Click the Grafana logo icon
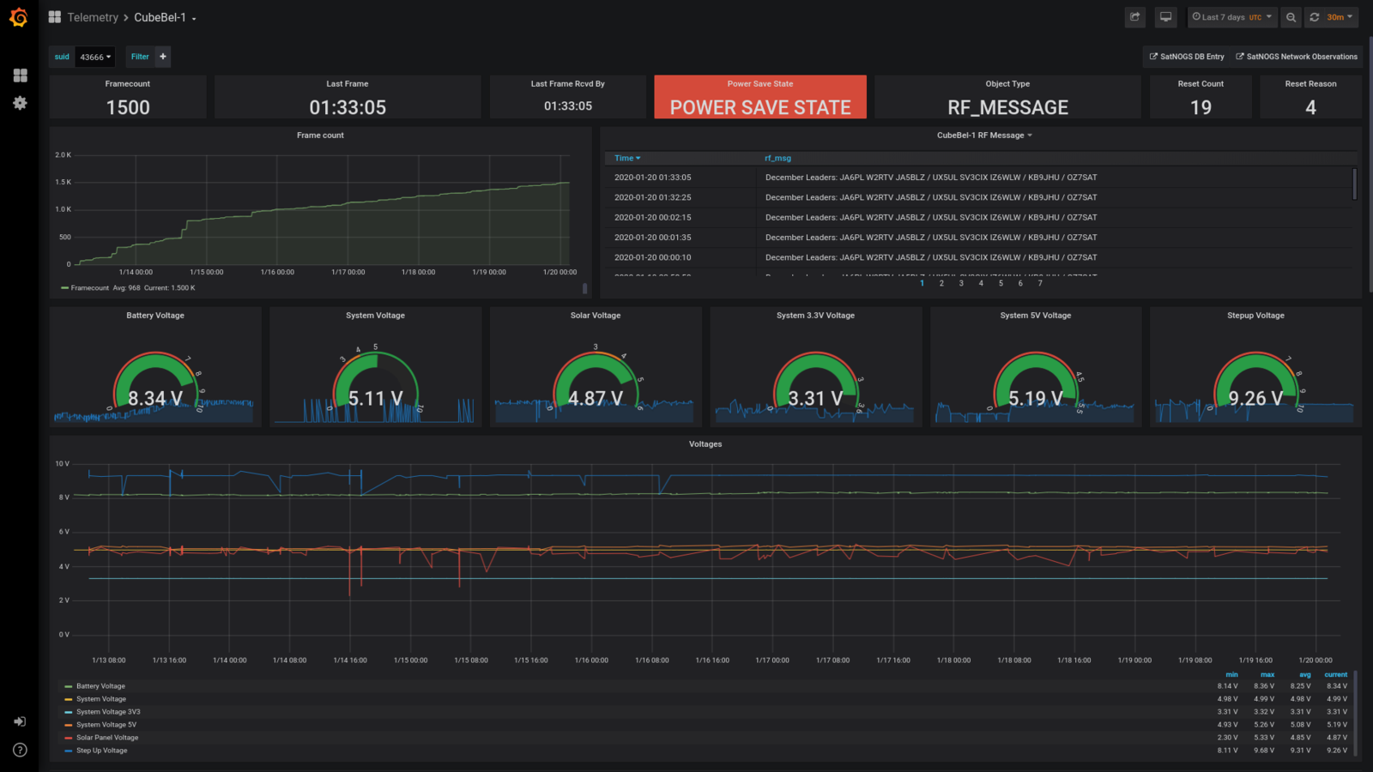19,17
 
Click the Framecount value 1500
128,107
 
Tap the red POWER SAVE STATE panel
760,98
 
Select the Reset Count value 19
1201,107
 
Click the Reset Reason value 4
1310,107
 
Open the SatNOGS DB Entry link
1188,57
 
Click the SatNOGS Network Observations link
1297,57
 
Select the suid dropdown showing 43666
95,57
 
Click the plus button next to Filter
163,57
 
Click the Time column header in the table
626,158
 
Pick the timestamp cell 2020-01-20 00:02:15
652,217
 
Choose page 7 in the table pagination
1040,283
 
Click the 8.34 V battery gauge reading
155,398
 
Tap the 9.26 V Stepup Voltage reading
1255,398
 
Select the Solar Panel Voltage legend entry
106,738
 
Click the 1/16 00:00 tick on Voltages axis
591,660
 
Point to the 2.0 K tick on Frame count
63,155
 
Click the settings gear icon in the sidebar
20,103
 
